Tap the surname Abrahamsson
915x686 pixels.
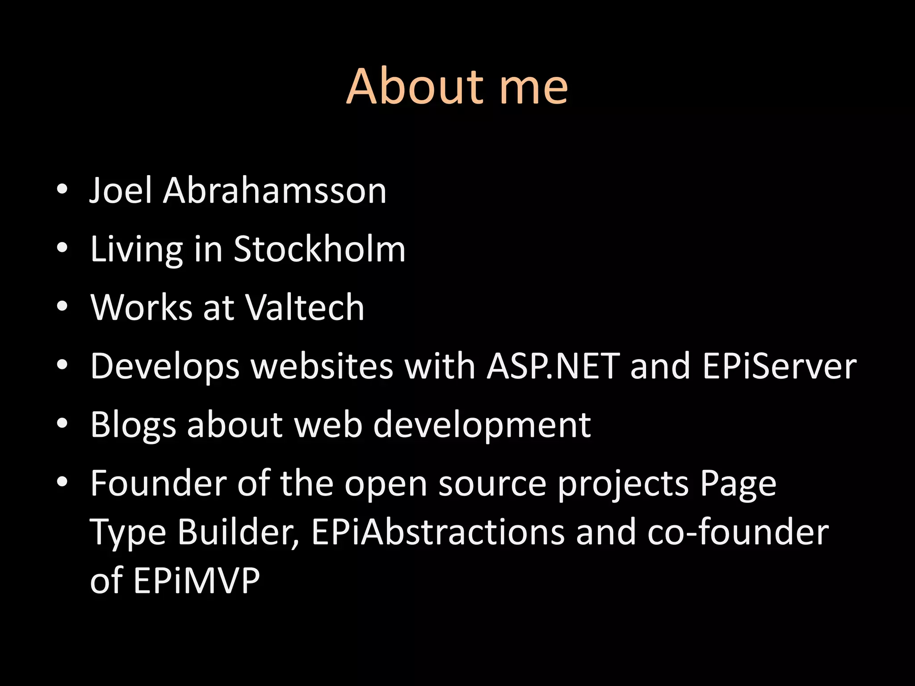click(274, 191)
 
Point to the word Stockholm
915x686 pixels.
click(319, 249)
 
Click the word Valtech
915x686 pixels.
click(305, 307)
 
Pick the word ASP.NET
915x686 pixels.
click(553, 366)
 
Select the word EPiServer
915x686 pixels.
click(779, 366)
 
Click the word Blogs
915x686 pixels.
click(133, 424)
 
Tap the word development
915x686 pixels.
click(482, 424)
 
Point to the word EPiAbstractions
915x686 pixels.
click(438, 532)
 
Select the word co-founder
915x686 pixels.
click(738, 532)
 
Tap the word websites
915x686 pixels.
click(322, 366)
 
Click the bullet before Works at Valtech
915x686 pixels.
click(62, 306)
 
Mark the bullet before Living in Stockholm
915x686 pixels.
click(62, 248)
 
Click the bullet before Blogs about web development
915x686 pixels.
click(62, 423)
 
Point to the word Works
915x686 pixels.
click(141, 307)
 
